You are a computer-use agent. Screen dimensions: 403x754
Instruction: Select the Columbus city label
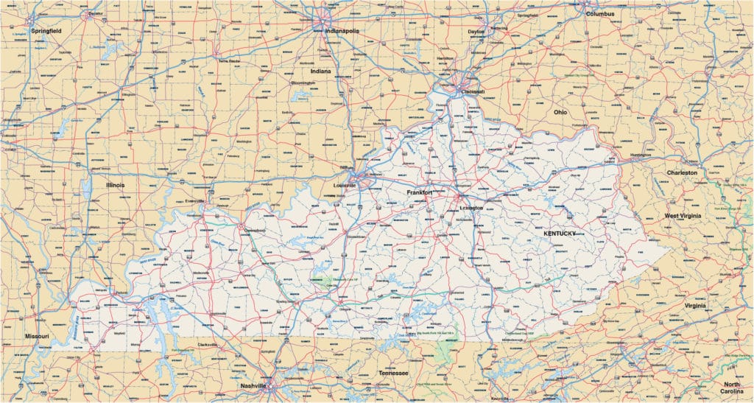(600, 13)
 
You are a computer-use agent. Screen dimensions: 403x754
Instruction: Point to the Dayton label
(476, 32)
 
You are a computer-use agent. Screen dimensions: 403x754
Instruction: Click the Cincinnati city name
(471, 91)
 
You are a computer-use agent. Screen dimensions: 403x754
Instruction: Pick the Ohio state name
(560, 112)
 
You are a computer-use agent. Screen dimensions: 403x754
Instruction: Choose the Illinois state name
(115, 185)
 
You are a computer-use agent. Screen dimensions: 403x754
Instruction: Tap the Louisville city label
(345, 185)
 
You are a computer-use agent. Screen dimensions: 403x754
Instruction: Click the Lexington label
(471, 208)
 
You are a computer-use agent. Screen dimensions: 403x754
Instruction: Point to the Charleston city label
(682, 172)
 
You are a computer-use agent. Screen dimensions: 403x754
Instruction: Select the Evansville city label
(195, 200)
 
